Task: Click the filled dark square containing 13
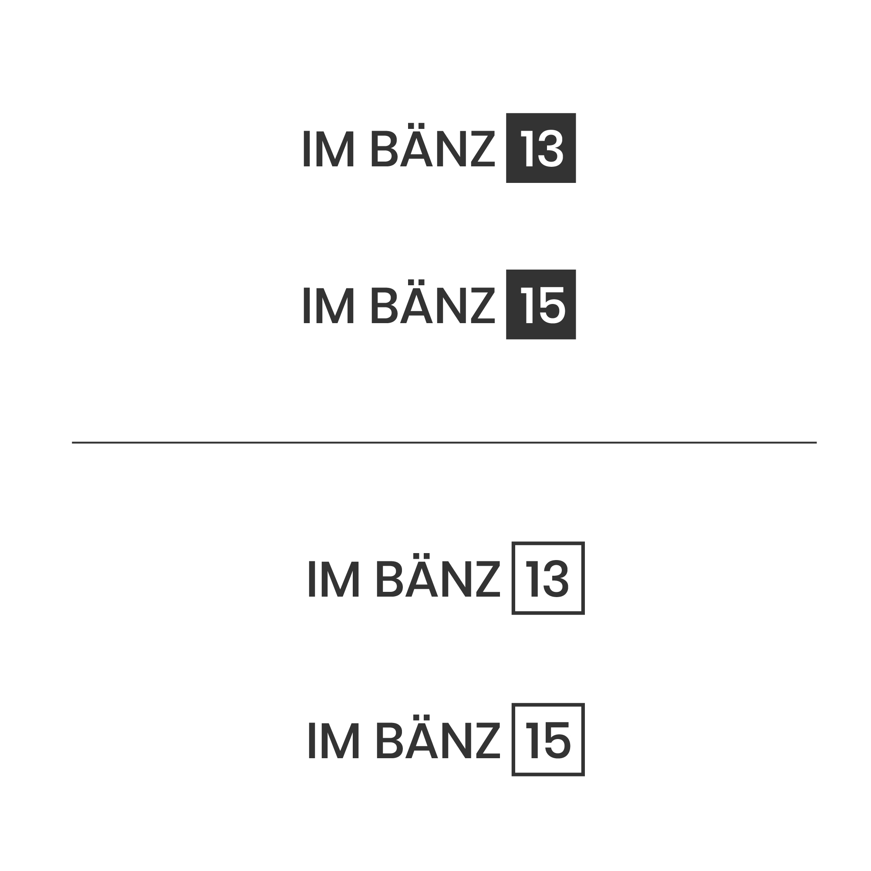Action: click(540, 148)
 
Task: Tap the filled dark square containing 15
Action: click(540, 304)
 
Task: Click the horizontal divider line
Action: click(444, 443)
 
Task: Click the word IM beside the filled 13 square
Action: click(329, 149)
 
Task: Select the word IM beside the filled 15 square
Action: click(329, 305)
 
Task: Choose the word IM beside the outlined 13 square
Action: click(334, 579)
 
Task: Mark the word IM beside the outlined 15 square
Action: click(334, 741)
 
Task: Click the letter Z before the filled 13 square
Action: click(483, 149)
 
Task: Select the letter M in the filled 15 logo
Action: click(335, 305)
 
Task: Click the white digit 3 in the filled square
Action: click(550, 149)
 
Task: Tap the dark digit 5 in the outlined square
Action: click(558, 741)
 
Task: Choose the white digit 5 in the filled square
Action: click(552, 306)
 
